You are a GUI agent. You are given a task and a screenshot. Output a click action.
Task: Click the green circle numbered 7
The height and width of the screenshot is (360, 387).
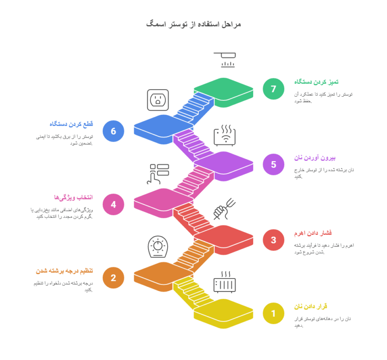(273, 89)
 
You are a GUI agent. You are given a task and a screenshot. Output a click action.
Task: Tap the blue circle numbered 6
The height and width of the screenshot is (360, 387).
(113, 131)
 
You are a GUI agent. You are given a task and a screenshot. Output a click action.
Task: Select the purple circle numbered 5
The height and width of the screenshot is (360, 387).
(273, 164)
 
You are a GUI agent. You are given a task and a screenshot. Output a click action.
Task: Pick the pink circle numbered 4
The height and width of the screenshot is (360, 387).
(113, 204)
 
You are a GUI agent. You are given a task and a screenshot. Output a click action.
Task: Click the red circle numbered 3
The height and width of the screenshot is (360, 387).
(273, 240)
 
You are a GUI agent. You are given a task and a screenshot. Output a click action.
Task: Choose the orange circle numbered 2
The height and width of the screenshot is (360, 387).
(113, 278)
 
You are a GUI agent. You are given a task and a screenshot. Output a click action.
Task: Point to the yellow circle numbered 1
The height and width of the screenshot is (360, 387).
(273, 313)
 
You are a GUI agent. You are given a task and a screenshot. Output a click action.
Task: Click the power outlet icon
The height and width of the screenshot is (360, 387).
(158, 100)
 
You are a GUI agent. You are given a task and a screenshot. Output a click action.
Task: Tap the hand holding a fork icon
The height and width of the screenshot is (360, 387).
(224, 209)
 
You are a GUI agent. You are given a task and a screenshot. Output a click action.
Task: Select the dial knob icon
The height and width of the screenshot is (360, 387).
(158, 247)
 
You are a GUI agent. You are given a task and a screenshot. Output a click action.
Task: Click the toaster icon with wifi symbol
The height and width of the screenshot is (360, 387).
(225, 135)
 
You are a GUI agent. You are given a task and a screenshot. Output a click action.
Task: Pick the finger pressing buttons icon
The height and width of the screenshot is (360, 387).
(158, 174)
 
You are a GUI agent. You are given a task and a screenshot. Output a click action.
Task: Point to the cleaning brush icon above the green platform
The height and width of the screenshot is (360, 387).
(225, 60)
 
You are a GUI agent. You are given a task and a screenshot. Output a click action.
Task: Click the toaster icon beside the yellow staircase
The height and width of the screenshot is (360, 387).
(225, 282)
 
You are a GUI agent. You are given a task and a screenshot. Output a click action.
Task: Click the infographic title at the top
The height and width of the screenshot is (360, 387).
(194, 24)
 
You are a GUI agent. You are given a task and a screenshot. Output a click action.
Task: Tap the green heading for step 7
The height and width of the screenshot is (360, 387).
(316, 82)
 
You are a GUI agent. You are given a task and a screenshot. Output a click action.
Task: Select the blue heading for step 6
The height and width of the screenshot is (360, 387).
(71, 124)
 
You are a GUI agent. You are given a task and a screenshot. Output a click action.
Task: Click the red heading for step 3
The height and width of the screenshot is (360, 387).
(313, 233)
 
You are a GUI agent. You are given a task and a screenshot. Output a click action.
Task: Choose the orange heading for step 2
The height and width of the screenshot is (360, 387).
(64, 271)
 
